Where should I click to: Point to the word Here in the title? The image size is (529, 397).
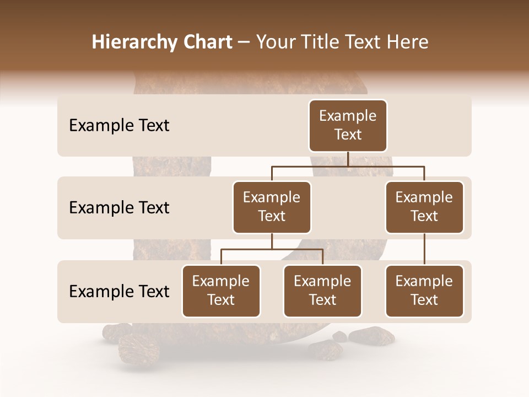point(408,42)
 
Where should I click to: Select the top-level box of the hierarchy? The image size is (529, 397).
point(348,126)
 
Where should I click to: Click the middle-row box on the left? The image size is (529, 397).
point(272,207)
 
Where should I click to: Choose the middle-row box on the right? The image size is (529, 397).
point(424,207)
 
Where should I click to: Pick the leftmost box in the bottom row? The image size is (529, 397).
point(221,291)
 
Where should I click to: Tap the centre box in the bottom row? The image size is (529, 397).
point(322,291)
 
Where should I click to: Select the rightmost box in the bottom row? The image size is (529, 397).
point(424,291)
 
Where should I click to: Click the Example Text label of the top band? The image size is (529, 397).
point(119,126)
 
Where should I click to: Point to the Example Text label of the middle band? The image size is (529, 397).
point(119,208)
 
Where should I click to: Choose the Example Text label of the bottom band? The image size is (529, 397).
point(119,291)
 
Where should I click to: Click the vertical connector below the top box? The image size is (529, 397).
point(348,159)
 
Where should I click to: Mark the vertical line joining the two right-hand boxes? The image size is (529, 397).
point(424,249)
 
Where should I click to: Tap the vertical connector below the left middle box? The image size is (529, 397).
point(272,241)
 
